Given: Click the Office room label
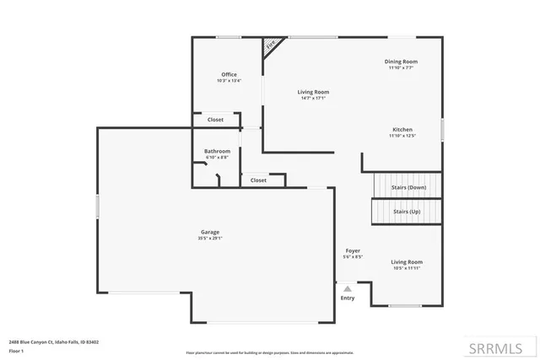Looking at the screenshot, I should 229,75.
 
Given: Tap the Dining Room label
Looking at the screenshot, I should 401,62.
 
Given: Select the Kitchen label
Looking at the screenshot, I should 402,129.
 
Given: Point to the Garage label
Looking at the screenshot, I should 210,232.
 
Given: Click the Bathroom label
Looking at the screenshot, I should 217,151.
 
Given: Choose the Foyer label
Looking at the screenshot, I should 354,251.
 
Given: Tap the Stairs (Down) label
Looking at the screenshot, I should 409,186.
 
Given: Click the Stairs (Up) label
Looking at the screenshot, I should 407,212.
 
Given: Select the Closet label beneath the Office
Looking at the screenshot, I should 215,120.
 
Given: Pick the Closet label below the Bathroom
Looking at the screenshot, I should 258,180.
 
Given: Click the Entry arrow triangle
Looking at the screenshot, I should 347,288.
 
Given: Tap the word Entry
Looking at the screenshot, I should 348,298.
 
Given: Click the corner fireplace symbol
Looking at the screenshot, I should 272,46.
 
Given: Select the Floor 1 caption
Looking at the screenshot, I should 17,350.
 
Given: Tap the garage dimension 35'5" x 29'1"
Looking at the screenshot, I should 210,238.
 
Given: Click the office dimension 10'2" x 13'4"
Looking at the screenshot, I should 229,81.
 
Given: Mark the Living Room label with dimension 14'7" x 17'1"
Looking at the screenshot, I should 313,92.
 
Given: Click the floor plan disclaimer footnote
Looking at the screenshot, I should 269,352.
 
